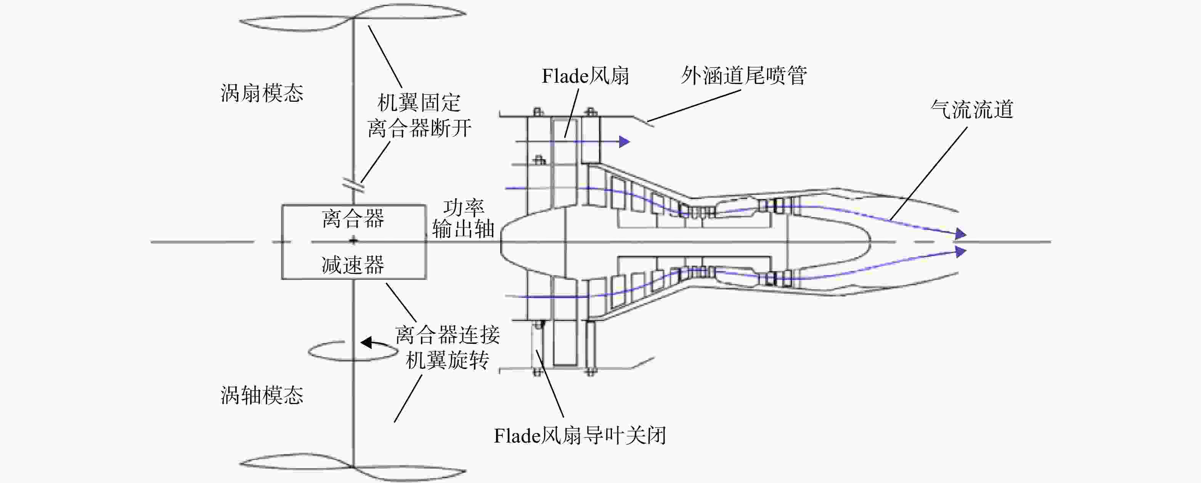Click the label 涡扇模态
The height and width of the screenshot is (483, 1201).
pyautogui.click(x=262, y=93)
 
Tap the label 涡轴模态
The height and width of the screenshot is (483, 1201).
pyautogui.click(x=262, y=395)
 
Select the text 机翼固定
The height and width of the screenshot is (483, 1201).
pyautogui.click(x=419, y=103)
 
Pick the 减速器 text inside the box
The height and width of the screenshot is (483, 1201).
pyautogui.click(x=353, y=265)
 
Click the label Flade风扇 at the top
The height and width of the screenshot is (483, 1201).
pyautogui.click(x=585, y=76)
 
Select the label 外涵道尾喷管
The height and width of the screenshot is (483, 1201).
pyautogui.click(x=743, y=75)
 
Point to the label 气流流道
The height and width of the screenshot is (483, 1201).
pyautogui.click(x=972, y=109)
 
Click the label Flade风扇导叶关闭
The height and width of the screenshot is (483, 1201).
pyautogui.click(x=580, y=435)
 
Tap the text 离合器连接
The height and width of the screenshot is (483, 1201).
pyautogui.click(x=448, y=335)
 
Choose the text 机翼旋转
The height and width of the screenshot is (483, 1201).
pyautogui.click(x=448, y=360)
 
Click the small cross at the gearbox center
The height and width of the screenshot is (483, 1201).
pyautogui.click(x=353, y=241)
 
